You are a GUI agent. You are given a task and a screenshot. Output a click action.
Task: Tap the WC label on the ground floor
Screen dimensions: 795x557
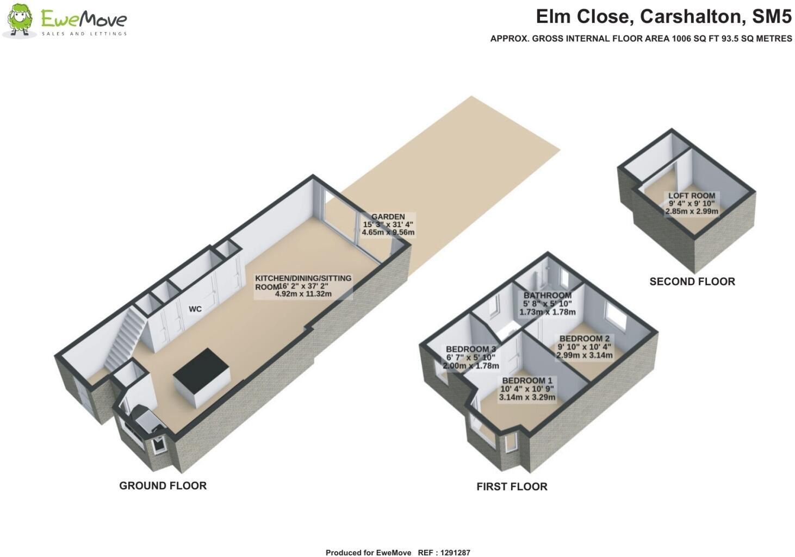pos(195,309)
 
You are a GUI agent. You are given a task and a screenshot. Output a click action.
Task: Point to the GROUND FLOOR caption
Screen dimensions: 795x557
pos(163,485)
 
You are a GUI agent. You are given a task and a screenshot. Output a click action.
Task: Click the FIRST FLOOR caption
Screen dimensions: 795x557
pos(512,486)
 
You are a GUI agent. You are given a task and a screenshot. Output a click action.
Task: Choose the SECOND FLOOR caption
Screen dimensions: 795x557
pos(692,281)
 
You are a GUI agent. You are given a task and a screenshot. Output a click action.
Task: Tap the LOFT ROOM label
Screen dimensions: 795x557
pos(692,196)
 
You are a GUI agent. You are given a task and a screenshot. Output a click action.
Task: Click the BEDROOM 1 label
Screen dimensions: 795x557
pos(527,381)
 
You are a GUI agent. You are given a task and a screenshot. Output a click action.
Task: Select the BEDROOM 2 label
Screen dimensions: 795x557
pos(585,339)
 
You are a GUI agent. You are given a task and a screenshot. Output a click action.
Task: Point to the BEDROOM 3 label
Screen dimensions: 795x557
pos(471,349)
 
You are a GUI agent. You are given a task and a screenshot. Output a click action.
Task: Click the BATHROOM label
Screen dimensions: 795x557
pos(548,295)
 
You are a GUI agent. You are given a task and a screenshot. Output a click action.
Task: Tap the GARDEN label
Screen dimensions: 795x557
pos(388,216)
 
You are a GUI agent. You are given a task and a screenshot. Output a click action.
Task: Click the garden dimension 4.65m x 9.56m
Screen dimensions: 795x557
pos(388,233)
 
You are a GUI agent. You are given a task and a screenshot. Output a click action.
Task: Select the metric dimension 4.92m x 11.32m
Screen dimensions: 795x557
pos(303,294)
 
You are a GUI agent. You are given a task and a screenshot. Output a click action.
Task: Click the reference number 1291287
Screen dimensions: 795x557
pos(455,553)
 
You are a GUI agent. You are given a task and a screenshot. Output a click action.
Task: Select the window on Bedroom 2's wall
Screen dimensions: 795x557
pos(616,315)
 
